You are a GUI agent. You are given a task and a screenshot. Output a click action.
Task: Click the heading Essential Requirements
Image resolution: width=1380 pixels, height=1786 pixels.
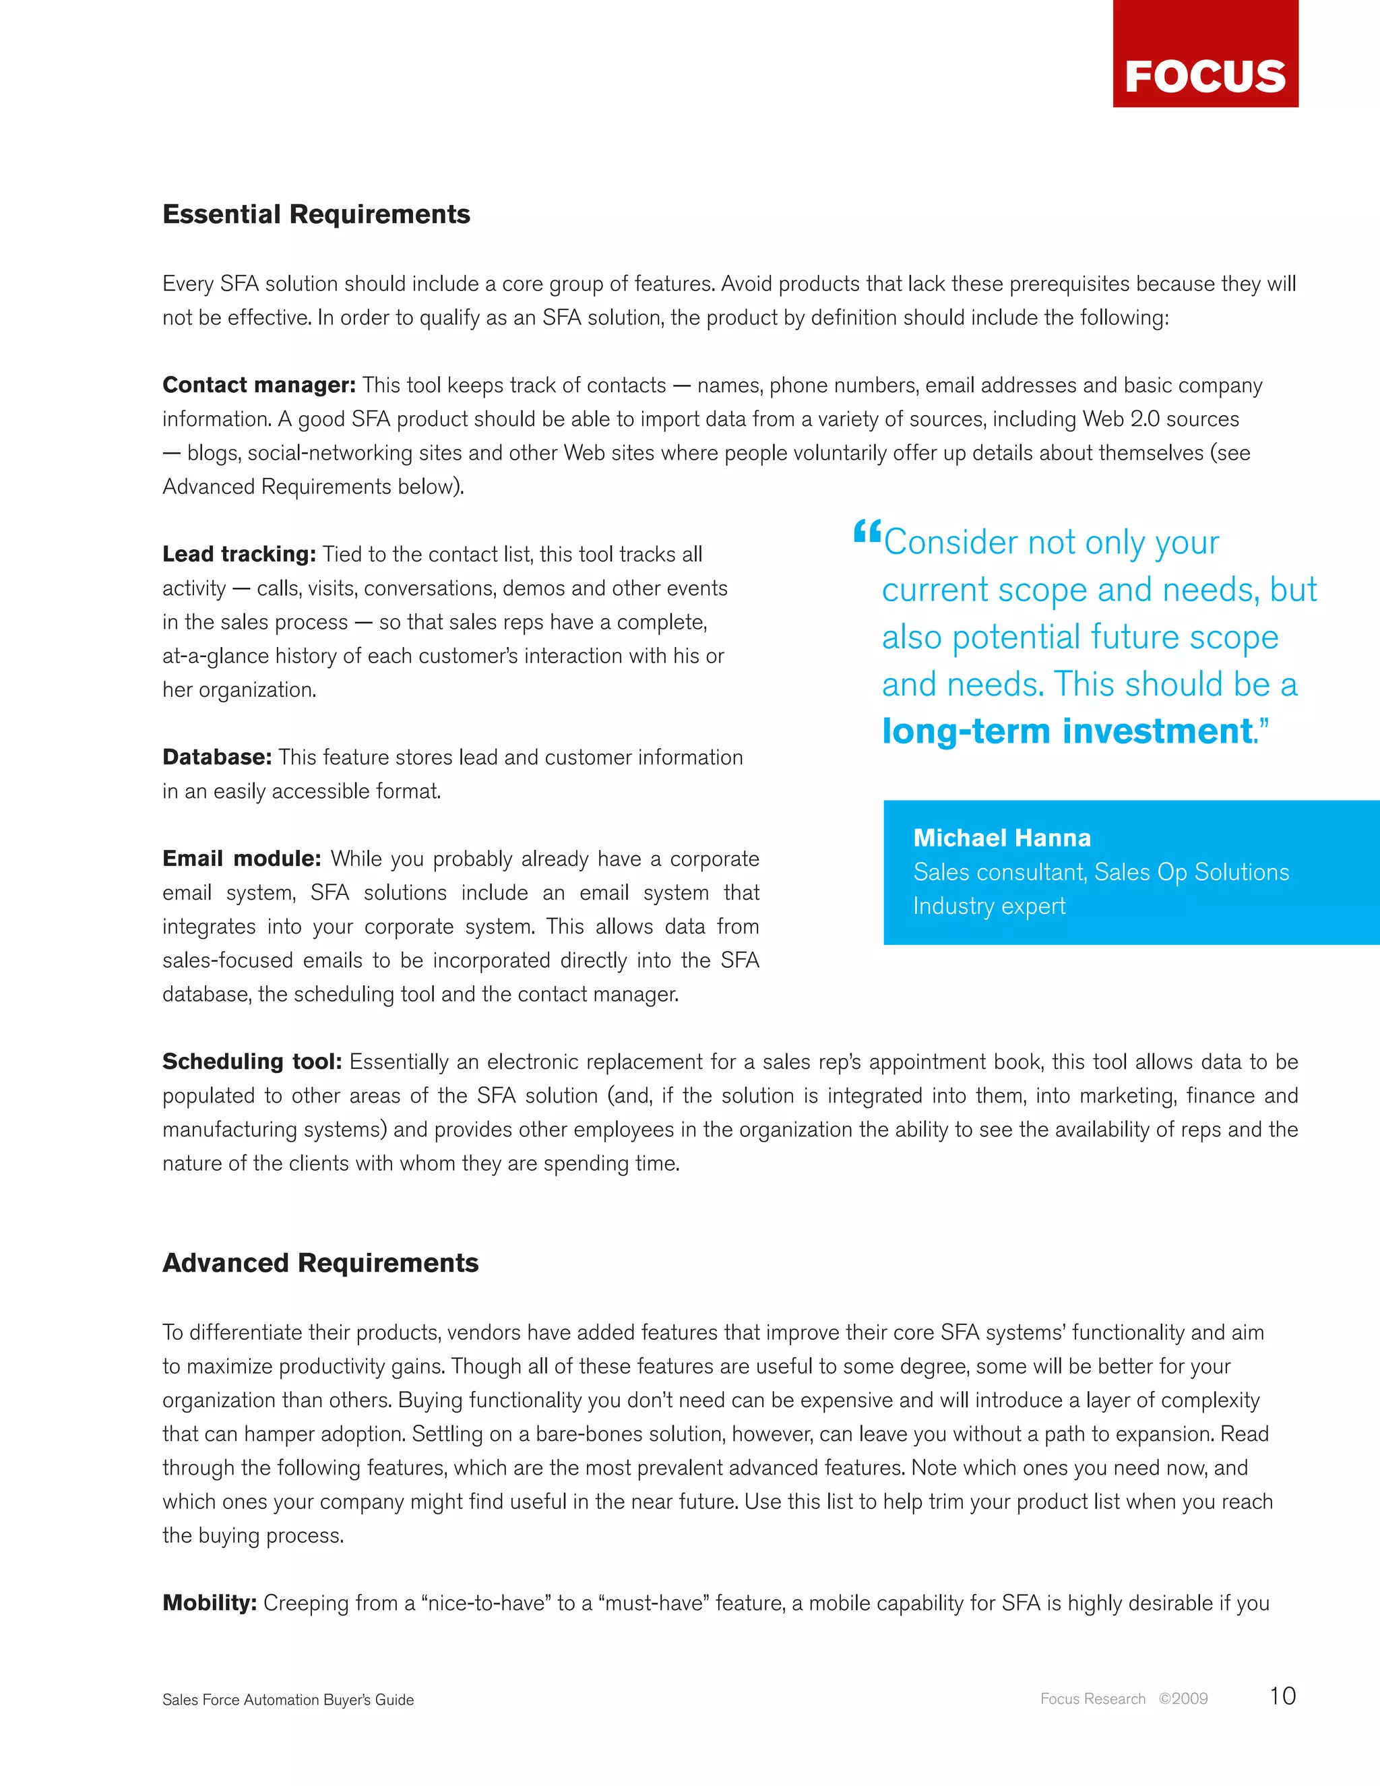(317, 214)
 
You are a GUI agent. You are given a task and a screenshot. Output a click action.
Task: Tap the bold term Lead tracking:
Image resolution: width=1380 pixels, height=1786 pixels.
(239, 555)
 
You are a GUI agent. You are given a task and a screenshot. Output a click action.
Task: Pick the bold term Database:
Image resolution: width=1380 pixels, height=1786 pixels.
(217, 758)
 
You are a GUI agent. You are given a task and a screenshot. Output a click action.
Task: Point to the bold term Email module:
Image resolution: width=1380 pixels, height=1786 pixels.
(241, 859)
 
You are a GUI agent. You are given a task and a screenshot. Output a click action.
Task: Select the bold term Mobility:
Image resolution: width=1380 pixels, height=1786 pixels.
(210, 1603)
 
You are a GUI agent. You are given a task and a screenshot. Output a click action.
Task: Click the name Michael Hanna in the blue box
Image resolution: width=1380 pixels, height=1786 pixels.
(1001, 838)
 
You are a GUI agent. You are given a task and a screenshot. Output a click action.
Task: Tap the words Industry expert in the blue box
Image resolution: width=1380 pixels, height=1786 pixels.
(989, 906)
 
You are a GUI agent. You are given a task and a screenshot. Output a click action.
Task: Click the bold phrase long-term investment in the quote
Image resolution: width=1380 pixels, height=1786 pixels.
(1067, 731)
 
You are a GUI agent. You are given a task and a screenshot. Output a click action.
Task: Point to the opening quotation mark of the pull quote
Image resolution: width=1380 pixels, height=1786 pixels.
(866, 532)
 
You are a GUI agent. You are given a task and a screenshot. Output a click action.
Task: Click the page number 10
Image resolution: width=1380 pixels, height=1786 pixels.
(1282, 1696)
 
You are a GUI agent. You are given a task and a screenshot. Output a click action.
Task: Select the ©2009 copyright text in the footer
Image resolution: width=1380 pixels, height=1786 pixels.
(1183, 1698)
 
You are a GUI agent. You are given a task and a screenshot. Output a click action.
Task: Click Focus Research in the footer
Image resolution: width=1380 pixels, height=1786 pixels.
(1092, 1698)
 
